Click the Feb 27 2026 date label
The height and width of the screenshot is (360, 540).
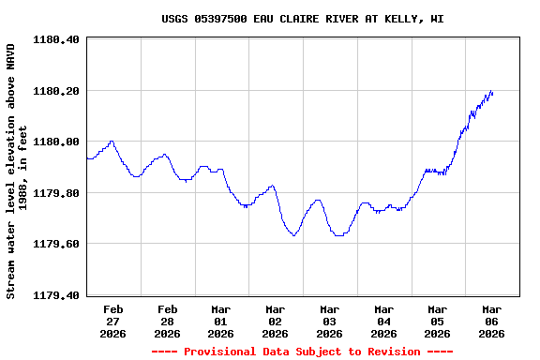[113, 321]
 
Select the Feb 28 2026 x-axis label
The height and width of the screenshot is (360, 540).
[168, 321]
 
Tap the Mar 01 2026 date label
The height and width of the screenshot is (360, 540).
[221, 321]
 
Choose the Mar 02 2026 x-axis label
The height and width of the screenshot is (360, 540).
[276, 321]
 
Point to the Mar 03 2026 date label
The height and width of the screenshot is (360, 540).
[329, 321]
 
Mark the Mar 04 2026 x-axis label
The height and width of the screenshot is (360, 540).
[383, 321]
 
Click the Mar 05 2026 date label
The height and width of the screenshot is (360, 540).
[438, 321]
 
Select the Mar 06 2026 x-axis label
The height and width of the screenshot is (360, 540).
[491, 321]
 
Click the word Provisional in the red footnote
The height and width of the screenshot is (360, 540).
[220, 352]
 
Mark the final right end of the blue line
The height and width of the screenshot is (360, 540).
[492, 93]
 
